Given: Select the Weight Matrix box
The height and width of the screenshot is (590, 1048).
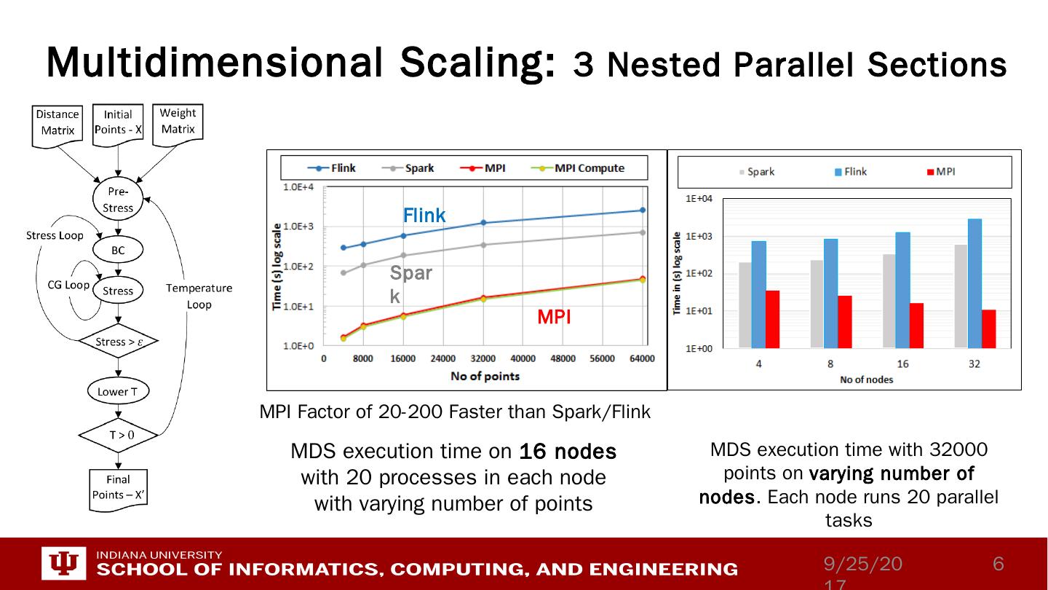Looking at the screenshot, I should [x=178, y=121].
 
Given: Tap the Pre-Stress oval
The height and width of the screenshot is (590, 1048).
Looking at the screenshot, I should [x=118, y=200].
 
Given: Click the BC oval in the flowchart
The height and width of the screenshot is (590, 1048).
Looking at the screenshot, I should [x=118, y=250].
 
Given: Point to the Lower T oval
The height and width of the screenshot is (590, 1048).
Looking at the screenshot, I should [x=118, y=392].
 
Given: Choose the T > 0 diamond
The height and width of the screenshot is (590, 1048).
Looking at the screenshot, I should [x=118, y=435].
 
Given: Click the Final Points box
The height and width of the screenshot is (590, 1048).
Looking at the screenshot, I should [x=118, y=487].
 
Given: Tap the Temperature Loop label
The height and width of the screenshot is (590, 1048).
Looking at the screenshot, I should [x=199, y=296].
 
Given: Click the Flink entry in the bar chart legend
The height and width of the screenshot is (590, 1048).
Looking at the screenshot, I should [x=851, y=172].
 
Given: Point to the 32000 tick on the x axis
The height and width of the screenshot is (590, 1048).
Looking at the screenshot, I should [x=483, y=358].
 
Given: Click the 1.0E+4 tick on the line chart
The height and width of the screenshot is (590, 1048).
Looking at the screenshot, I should [x=298, y=187].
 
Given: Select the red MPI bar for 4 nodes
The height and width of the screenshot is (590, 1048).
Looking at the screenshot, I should [x=772, y=319].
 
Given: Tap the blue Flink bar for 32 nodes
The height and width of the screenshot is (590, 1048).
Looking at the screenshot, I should [x=974, y=283].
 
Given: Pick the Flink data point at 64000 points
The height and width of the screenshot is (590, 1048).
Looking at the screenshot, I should [x=642, y=211].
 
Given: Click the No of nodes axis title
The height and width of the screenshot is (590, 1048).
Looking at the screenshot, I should [x=866, y=379].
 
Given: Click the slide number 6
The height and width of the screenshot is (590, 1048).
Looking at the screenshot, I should [x=999, y=564].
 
